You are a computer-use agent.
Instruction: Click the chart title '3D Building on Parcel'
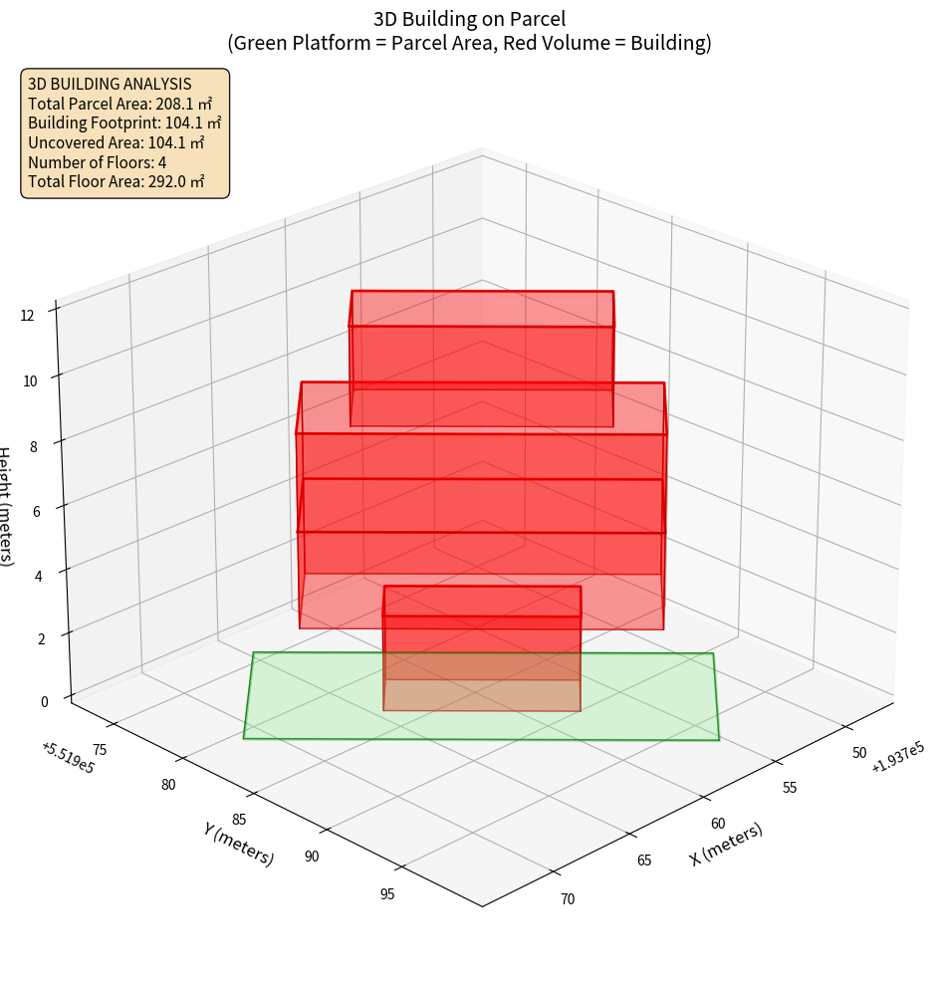point(469,18)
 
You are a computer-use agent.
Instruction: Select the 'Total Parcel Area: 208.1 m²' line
point(119,103)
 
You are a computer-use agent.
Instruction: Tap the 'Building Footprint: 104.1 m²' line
point(124,123)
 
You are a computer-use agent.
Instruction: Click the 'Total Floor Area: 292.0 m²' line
point(116,181)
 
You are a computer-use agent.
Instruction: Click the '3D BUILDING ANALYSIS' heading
point(110,84)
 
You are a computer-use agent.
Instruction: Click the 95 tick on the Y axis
point(386,893)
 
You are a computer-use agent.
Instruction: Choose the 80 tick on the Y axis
point(167,785)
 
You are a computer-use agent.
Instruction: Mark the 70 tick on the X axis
point(568,899)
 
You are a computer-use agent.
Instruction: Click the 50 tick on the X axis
point(860,753)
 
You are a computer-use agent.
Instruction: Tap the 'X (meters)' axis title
point(726,844)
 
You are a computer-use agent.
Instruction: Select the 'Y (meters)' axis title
point(239,843)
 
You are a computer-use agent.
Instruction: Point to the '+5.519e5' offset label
point(68,758)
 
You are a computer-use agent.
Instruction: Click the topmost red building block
point(482,359)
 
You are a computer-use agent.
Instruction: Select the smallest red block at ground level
point(482,649)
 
